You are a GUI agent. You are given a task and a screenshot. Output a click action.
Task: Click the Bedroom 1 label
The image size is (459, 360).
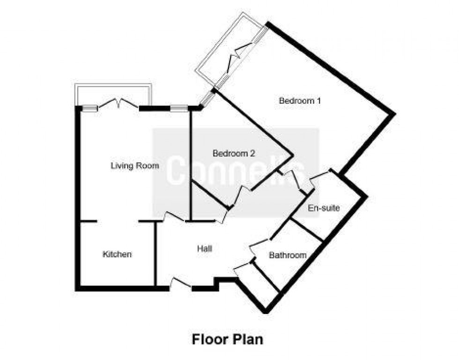click(300, 100)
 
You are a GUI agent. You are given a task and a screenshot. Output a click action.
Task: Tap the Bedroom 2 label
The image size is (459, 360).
click(234, 153)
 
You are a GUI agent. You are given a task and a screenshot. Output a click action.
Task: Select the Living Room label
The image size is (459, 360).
click(134, 165)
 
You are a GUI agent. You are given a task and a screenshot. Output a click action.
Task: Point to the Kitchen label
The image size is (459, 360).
click(117, 255)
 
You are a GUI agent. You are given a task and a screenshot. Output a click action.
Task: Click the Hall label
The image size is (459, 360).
click(205, 249)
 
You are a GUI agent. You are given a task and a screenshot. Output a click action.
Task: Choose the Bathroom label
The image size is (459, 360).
click(288, 255)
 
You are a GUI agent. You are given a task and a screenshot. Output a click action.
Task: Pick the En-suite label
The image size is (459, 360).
click(323, 208)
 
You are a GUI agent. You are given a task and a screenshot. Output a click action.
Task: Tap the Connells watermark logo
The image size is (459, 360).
click(236, 172)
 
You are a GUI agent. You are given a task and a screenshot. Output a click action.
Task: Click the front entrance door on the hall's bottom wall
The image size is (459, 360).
click(180, 284)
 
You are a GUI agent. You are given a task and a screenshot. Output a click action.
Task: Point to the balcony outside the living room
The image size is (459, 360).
click(113, 94)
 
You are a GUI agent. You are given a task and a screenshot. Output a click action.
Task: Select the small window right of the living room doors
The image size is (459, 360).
click(177, 108)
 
